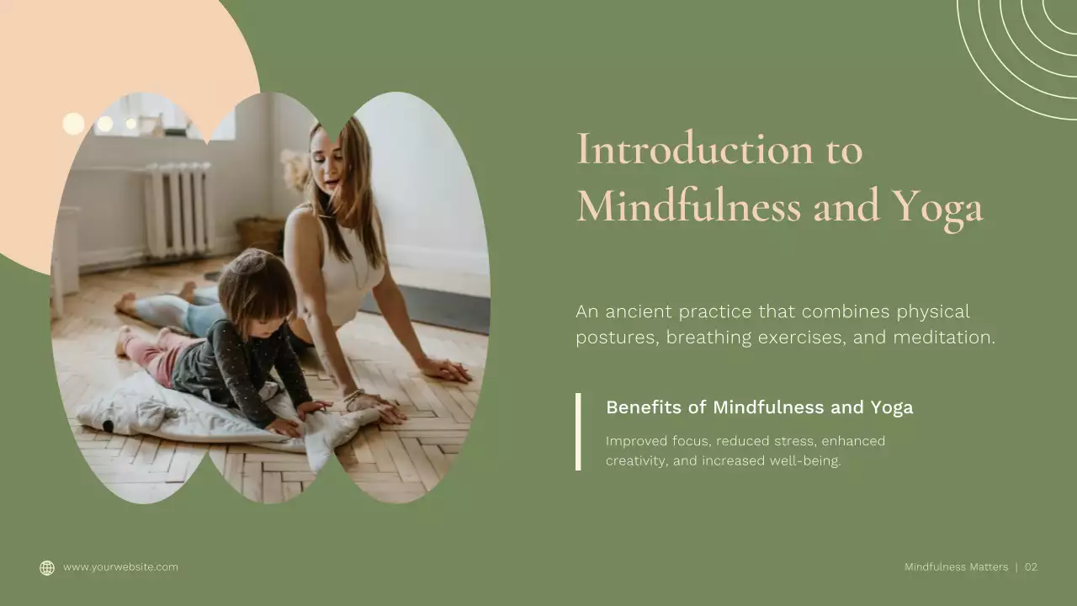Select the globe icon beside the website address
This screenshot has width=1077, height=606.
(x=47, y=568)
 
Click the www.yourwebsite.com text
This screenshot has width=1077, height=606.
(x=120, y=567)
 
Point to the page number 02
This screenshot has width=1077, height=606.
(x=1031, y=567)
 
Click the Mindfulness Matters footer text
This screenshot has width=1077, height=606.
(x=956, y=567)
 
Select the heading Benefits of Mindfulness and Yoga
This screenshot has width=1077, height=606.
(x=759, y=407)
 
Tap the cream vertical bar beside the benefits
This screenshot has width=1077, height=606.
(x=578, y=431)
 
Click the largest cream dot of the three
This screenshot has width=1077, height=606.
(x=73, y=124)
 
